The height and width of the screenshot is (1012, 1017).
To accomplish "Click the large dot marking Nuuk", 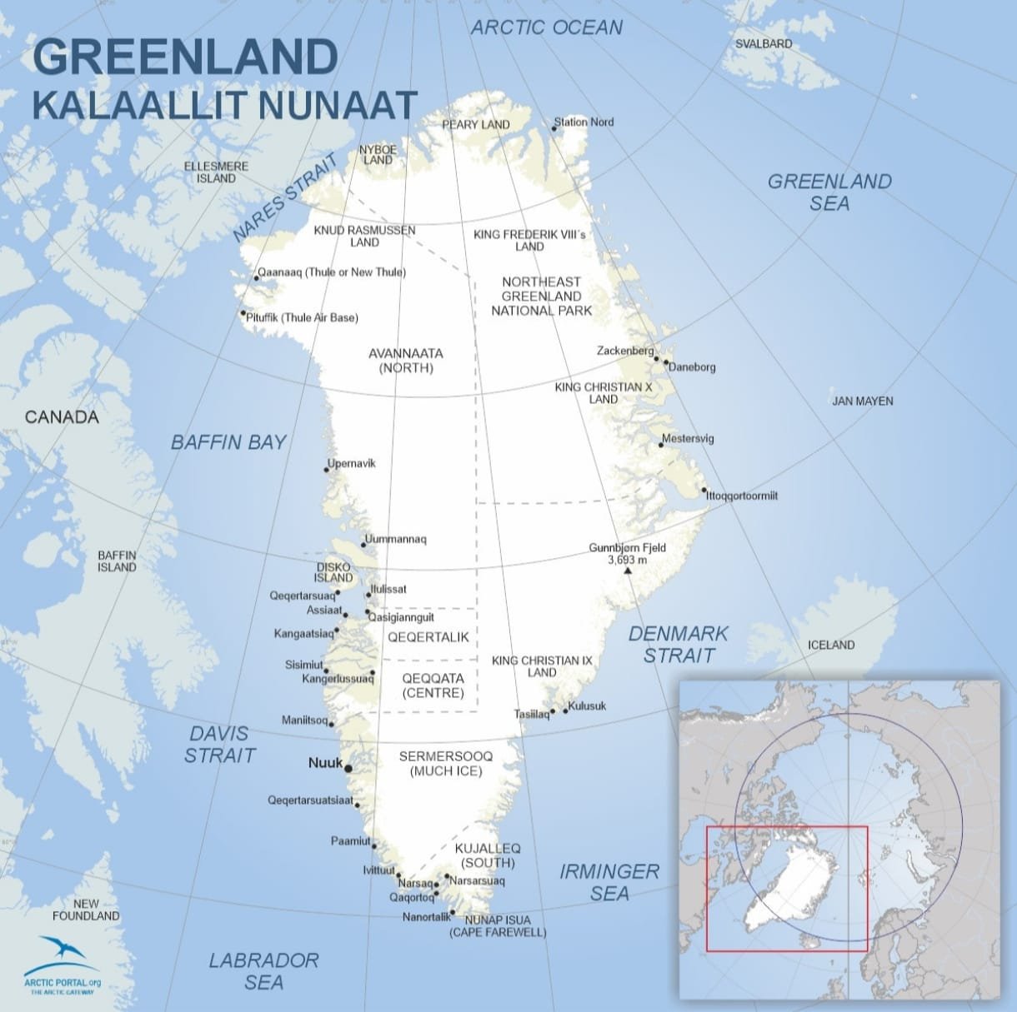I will click(348, 769).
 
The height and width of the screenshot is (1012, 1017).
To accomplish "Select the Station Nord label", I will click(584, 122).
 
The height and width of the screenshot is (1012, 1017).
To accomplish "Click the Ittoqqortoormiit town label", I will click(742, 496).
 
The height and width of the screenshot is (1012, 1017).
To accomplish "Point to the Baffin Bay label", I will click(228, 442).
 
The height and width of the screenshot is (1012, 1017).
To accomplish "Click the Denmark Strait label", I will click(678, 645).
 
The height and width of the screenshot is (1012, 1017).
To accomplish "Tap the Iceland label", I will click(831, 645).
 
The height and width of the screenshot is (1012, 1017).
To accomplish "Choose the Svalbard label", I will click(764, 43).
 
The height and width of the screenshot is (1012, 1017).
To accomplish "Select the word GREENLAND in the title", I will click(184, 57).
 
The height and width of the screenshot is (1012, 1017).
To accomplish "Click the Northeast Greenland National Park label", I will click(541, 296).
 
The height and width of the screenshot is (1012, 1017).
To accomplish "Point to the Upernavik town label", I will click(352, 463).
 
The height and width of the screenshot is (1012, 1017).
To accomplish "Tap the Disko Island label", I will click(333, 572).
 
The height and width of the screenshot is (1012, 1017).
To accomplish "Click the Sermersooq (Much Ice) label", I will click(446, 763).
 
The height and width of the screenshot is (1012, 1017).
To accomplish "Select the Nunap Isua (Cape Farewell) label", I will click(498, 926).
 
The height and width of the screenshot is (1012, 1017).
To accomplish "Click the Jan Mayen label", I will click(862, 401).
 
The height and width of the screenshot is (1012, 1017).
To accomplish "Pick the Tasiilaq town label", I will click(531, 714).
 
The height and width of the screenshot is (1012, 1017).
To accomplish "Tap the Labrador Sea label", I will click(263, 971).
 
